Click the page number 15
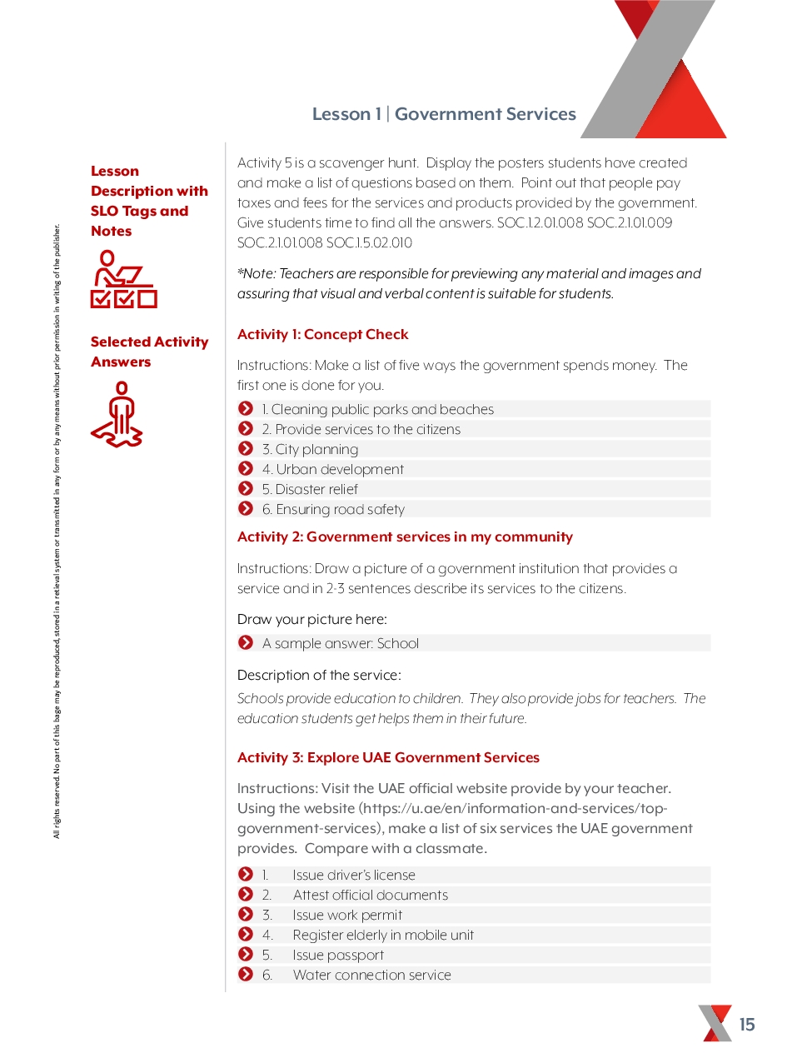click(x=747, y=1025)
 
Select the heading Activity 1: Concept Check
click(x=322, y=335)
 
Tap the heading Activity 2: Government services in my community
click(x=405, y=537)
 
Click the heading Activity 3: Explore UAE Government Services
click(x=388, y=758)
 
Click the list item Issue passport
click(x=338, y=956)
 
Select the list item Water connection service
click(x=371, y=976)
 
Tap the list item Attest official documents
click(x=370, y=896)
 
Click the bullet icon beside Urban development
click(x=246, y=469)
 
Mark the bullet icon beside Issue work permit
click(x=246, y=915)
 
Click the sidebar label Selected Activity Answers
click(x=149, y=352)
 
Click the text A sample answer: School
click(x=340, y=644)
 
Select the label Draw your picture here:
click(x=311, y=620)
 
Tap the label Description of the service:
click(x=319, y=676)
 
